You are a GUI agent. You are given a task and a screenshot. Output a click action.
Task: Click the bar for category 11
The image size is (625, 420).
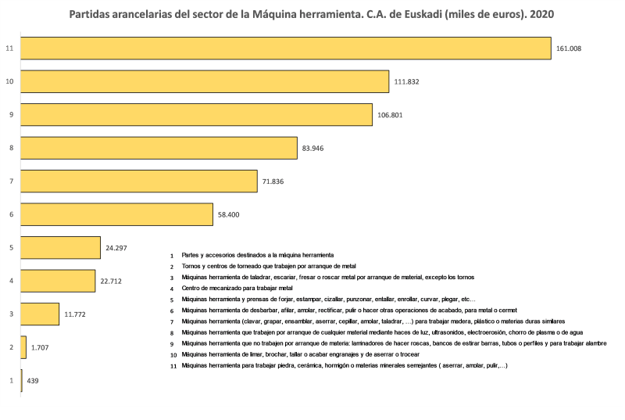tap(286, 48)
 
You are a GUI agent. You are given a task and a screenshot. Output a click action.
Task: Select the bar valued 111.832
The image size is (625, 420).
tap(205, 81)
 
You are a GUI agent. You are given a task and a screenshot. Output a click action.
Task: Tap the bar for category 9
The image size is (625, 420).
tap(196, 115)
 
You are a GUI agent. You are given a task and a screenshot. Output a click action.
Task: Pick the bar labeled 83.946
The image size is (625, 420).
tap(159, 148)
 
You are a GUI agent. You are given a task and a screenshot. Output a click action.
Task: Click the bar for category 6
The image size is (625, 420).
tap(116, 214)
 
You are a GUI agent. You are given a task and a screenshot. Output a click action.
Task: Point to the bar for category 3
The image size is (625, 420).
tap(40, 314)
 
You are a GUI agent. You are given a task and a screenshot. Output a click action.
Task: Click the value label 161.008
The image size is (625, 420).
tap(569, 48)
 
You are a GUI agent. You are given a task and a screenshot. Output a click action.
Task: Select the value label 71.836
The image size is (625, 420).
tap(275, 181)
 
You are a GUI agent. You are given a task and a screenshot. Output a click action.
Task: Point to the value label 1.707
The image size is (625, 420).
tap(41, 347)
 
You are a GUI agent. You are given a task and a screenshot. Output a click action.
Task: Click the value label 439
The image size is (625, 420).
tap(33, 381)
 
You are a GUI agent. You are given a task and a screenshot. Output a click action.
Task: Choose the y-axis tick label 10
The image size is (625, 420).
tap(9, 81)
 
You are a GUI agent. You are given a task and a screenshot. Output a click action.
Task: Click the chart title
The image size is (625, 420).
tap(312, 14)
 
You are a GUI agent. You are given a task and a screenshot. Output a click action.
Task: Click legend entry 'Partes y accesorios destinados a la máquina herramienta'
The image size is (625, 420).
tap(258, 255)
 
